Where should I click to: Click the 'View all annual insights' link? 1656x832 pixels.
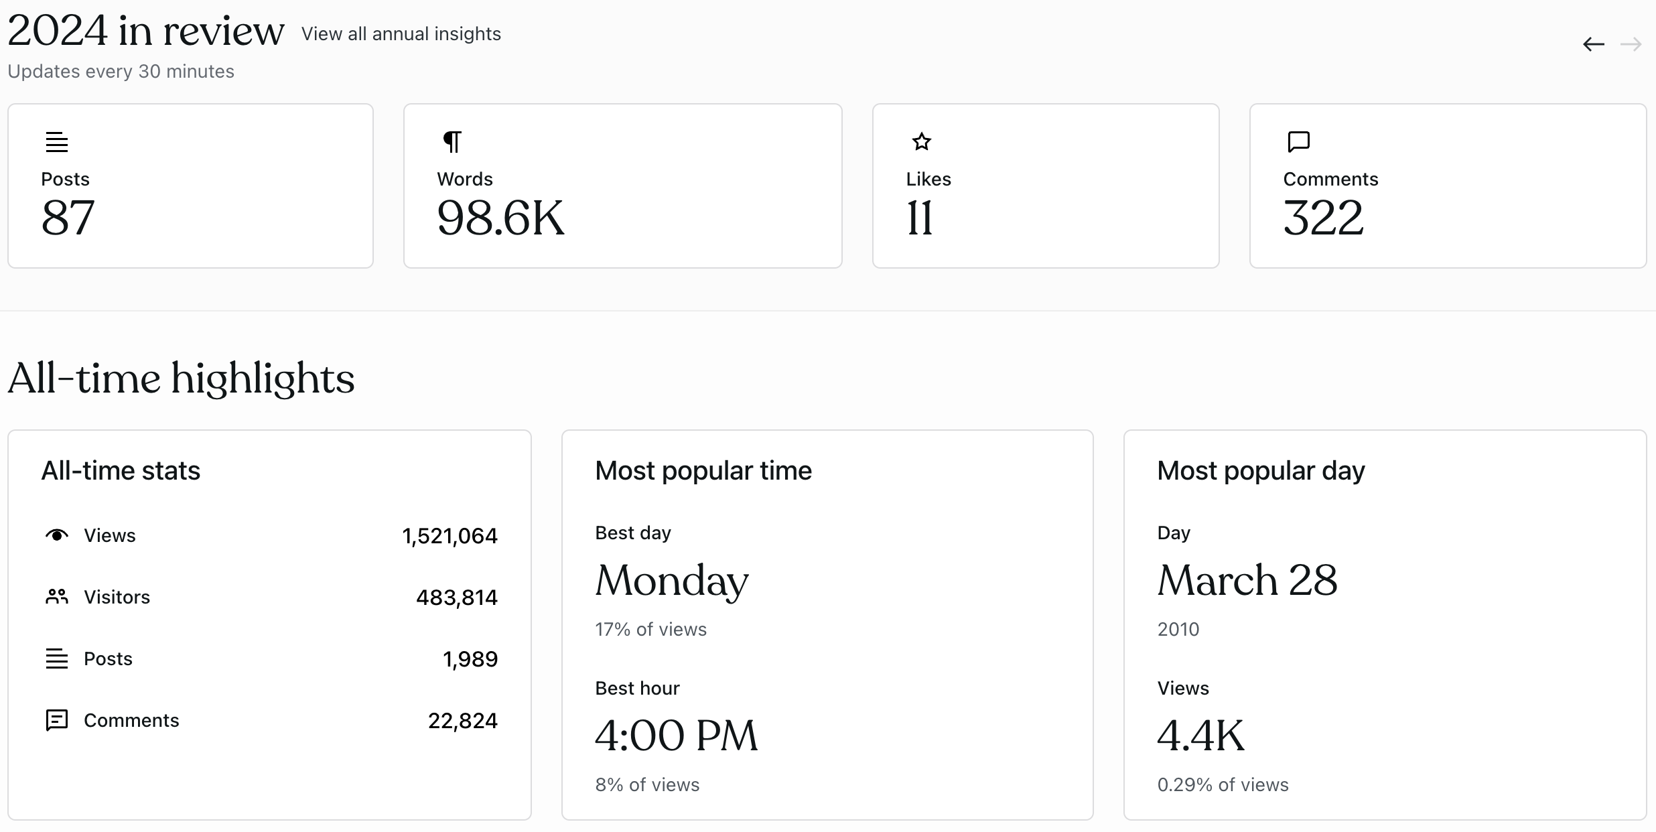[401, 34]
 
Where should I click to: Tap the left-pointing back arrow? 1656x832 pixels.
[1594, 45]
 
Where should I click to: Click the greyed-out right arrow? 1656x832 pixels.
[1631, 45]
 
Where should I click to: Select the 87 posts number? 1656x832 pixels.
[68, 218]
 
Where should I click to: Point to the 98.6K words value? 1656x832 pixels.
[500, 218]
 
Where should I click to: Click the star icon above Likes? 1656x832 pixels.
[922, 141]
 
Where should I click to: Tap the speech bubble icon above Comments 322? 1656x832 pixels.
[1298, 141]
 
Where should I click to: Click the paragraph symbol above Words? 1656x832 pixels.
[453, 141]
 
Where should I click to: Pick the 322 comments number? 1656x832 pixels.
[1323, 218]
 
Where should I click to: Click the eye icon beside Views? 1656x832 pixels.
[57, 535]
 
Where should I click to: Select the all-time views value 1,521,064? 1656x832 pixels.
[450, 536]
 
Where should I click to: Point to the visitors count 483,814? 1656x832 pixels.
[457, 598]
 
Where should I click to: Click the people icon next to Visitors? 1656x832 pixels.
[57, 596]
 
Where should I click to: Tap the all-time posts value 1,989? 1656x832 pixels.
[470, 659]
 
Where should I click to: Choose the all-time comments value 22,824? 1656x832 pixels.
[463, 721]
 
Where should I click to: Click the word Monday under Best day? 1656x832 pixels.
[672, 581]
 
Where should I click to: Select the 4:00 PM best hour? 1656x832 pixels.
[677, 736]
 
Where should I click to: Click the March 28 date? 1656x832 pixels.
[1247, 580]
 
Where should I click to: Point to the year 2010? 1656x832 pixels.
[1178, 630]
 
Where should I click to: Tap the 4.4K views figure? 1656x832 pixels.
[1200, 736]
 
